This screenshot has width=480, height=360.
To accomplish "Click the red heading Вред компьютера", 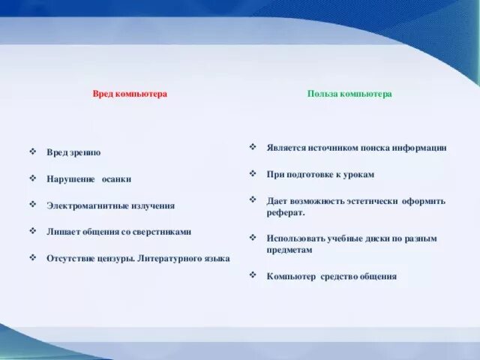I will [130, 94].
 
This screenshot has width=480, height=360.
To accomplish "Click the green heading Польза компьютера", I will [349, 94].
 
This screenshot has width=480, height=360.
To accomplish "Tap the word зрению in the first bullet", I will [85, 152].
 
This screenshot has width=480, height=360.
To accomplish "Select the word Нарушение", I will [70, 179].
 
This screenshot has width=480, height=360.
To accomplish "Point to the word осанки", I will [116, 179].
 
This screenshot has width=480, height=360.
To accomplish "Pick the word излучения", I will [150, 205].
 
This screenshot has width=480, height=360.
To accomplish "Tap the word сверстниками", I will [165, 232].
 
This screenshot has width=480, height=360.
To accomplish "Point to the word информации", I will [420, 148].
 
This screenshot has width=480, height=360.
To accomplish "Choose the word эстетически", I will [370, 201].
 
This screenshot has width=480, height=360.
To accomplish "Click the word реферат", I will [285, 212].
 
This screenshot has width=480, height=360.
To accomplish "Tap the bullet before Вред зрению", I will [33, 151].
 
